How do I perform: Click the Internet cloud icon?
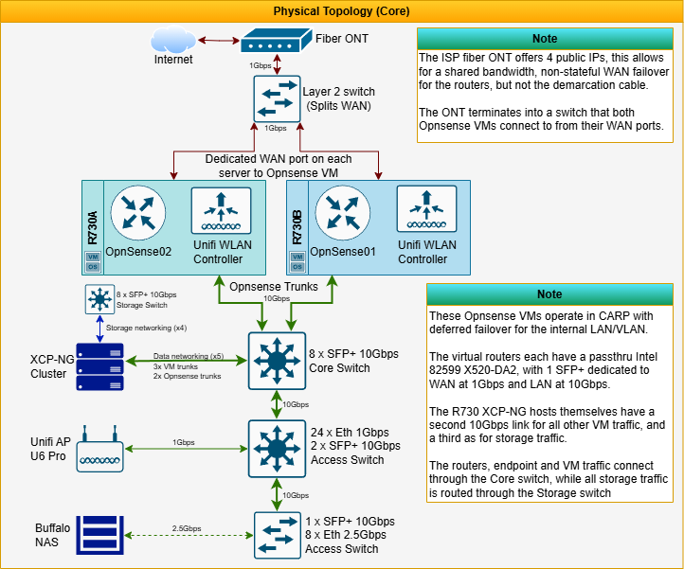click(173, 42)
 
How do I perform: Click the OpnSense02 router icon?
click(138, 213)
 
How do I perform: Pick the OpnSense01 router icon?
click(343, 213)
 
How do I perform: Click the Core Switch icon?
click(276, 360)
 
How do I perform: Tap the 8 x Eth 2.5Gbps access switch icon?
click(276, 535)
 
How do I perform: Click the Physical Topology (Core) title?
click(342, 11)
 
